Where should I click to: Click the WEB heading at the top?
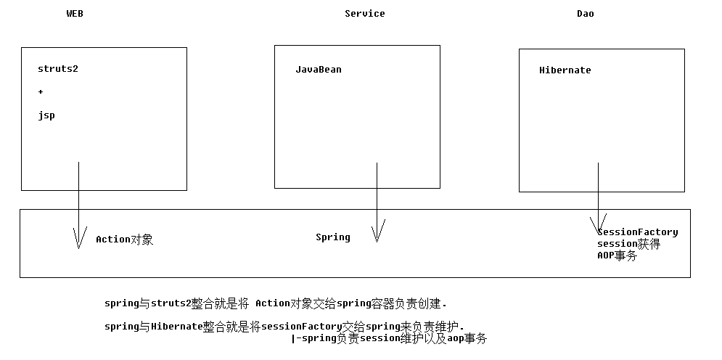pyautogui.click(x=75, y=14)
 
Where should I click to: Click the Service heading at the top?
pyautogui.click(x=364, y=14)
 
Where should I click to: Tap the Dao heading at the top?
pyautogui.click(x=585, y=14)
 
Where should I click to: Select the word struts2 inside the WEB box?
pyautogui.click(x=58, y=69)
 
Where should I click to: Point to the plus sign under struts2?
pyautogui.click(x=41, y=92)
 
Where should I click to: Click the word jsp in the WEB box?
pyautogui.click(x=46, y=115)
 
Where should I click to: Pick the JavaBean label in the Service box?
pyautogui.click(x=318, y=70)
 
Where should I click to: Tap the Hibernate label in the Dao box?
pyautogui.click(x=565, y=70)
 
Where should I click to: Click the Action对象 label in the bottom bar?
pyautogui.click(x=124, y=240)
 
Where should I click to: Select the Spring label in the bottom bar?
pyautogui.click(x=332, y=237)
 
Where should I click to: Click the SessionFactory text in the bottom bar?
pyautogui.click(x=639, y=232)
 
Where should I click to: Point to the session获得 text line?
pyautogui.click(x=628, y=244)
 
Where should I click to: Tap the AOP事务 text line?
pyautogui.click(x=617, y=255)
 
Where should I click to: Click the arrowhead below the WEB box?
pyautogui.click(x=78, y=238)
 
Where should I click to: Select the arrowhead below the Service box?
pyautogui.click(x=377, y=232)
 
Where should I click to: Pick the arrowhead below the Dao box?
pyautogui.click(x=599, y=225)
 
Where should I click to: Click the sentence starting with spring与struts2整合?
pyautogui.click(x=276, y=303)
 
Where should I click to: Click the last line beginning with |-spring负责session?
pyautogui.click(x=388, y=338)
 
